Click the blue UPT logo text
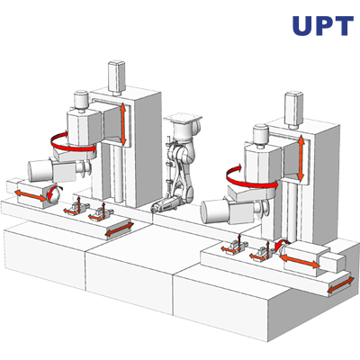(x=323, y=26)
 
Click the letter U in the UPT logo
(x=302, y=26)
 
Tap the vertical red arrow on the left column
(x=122, y=124)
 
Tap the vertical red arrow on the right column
(x=301, y=157)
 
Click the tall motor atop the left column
(x=117, y=77)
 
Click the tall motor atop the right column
(x=293, y=110)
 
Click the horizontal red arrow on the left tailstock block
(x=31, y=195)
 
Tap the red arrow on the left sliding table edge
(x=120, y=229)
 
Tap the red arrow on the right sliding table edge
(x=340, y=285)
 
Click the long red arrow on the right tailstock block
(x=299, y=261)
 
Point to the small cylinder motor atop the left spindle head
(x=81, y=100)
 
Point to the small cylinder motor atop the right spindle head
(x=261, y=135)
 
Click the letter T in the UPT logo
(x=342, y=26)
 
